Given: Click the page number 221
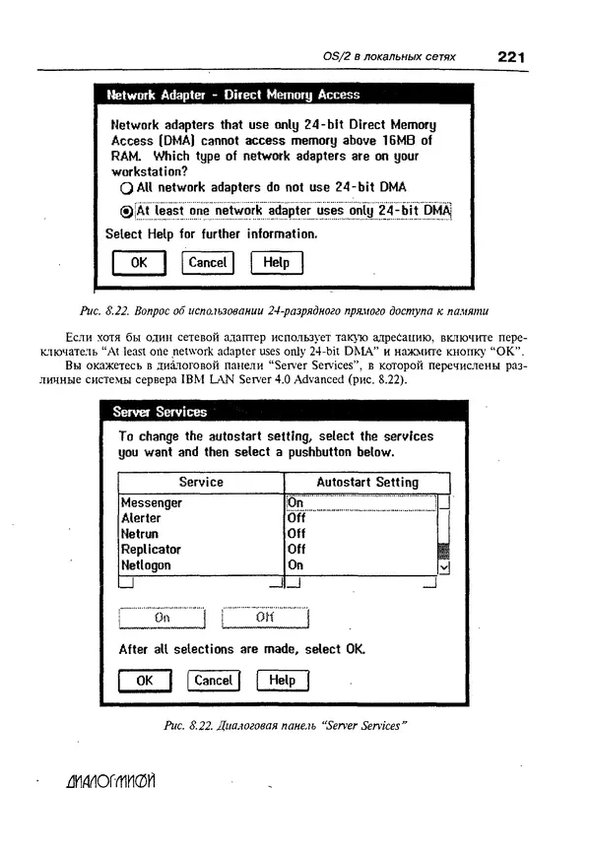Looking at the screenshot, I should coord(510,57).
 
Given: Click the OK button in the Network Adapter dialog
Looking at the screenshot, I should coord(139,263).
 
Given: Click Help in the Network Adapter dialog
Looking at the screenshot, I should coord(277,263).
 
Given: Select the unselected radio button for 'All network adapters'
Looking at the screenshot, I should coord(125,187).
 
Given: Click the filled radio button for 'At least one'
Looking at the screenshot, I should coord(125,211).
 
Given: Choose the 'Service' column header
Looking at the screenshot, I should coord(201,483).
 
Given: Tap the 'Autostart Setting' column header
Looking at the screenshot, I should coord(366,483).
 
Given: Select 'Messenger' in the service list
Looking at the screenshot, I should coord(151,502).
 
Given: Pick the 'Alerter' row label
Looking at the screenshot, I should coord(141,518).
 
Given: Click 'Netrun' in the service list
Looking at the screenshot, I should coord(139,534).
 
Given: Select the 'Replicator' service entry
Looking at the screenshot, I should coord(151,550).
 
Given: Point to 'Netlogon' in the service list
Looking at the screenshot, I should coord(146,565).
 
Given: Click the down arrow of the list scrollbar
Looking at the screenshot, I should coord(443,566).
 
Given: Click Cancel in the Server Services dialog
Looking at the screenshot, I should coord(213,681).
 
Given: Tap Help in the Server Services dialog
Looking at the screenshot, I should coord(282,681).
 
